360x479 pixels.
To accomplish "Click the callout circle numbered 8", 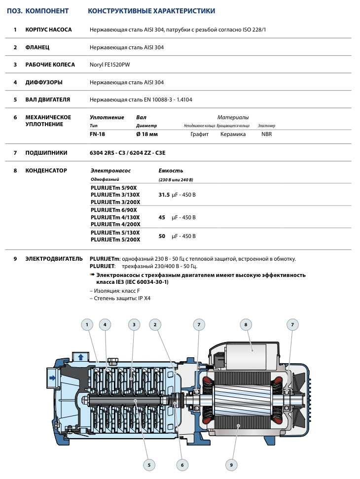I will [245, 324].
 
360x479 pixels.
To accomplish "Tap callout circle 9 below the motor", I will [231, 464].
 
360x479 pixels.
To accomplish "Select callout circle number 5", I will [148, 464].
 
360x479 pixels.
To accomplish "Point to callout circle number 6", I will [182, 464].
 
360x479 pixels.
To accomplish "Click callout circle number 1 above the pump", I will [87, 324].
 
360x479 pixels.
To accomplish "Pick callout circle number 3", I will [134, 324].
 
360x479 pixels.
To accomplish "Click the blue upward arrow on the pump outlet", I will [79, 356].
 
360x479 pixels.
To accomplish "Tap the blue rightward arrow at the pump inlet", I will [52, 377].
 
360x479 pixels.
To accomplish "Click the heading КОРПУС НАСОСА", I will [48, 30].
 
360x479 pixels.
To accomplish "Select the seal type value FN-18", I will [98, 134].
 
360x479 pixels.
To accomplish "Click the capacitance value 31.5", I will [164, 195].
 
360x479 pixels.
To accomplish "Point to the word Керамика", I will [233, 134].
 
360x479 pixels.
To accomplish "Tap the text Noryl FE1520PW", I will [110, 65].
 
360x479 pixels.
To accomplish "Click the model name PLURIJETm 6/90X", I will [114, 210].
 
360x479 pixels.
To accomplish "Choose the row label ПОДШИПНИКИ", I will [46, 153].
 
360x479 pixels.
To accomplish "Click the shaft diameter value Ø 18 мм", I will [147, 134].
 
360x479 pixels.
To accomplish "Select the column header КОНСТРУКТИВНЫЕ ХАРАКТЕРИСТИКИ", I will [151, 11].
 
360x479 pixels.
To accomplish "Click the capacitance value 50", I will [162, 236].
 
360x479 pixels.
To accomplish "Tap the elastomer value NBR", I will [266, 134].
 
